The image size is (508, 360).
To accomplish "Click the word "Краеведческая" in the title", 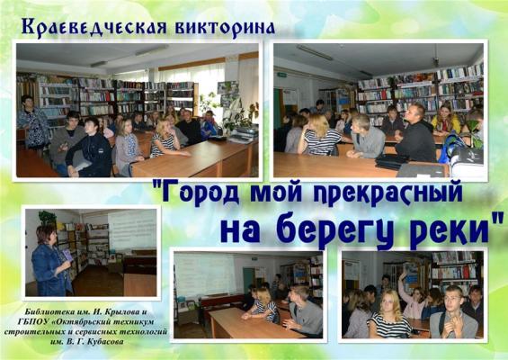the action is (x=94, y=28).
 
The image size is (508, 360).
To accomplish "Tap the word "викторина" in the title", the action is (x=225, y=28).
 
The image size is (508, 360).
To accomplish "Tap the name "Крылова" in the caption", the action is (x=116, y=312).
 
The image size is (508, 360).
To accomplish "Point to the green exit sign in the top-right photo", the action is (x=281, y=76).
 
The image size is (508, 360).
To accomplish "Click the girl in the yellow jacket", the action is (x=446, y=120).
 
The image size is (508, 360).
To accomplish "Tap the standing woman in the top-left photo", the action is (x=32, y=123).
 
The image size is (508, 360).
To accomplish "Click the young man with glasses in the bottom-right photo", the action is (x=453, y=312).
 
